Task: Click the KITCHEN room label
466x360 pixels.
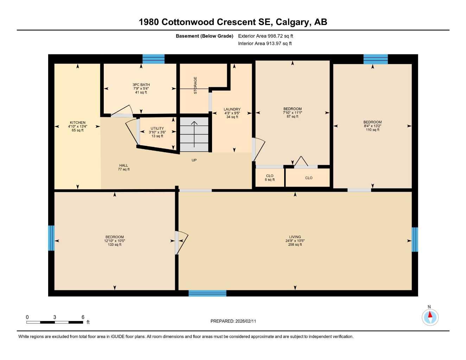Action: [77, 126]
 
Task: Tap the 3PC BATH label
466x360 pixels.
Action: [141, 88]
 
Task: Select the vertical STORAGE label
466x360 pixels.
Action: [195, 85]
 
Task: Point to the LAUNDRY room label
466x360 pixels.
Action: [232, 113]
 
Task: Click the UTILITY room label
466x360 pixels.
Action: [157, 132]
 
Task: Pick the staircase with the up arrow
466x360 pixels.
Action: [194, 135]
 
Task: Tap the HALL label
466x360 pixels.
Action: [123, 167]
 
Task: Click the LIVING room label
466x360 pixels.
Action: [295, 241]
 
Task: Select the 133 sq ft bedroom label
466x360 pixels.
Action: [114, 241]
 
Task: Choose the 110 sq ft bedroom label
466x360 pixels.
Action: [372, 126]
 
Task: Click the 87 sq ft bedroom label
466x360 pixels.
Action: [292, 112]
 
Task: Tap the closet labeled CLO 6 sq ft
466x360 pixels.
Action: [270, 178]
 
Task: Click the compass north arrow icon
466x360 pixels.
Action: [430, 317]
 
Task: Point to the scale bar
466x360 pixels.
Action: [55, 322]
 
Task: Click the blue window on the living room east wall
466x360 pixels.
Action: [415, 239]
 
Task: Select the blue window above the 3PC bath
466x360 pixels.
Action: [153, 59]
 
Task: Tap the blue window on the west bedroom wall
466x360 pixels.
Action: [51, 238]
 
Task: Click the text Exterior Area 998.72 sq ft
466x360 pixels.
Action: [266, 36]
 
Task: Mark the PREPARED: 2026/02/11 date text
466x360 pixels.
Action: [233, 321]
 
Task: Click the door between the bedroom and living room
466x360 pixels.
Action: [181, 242]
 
